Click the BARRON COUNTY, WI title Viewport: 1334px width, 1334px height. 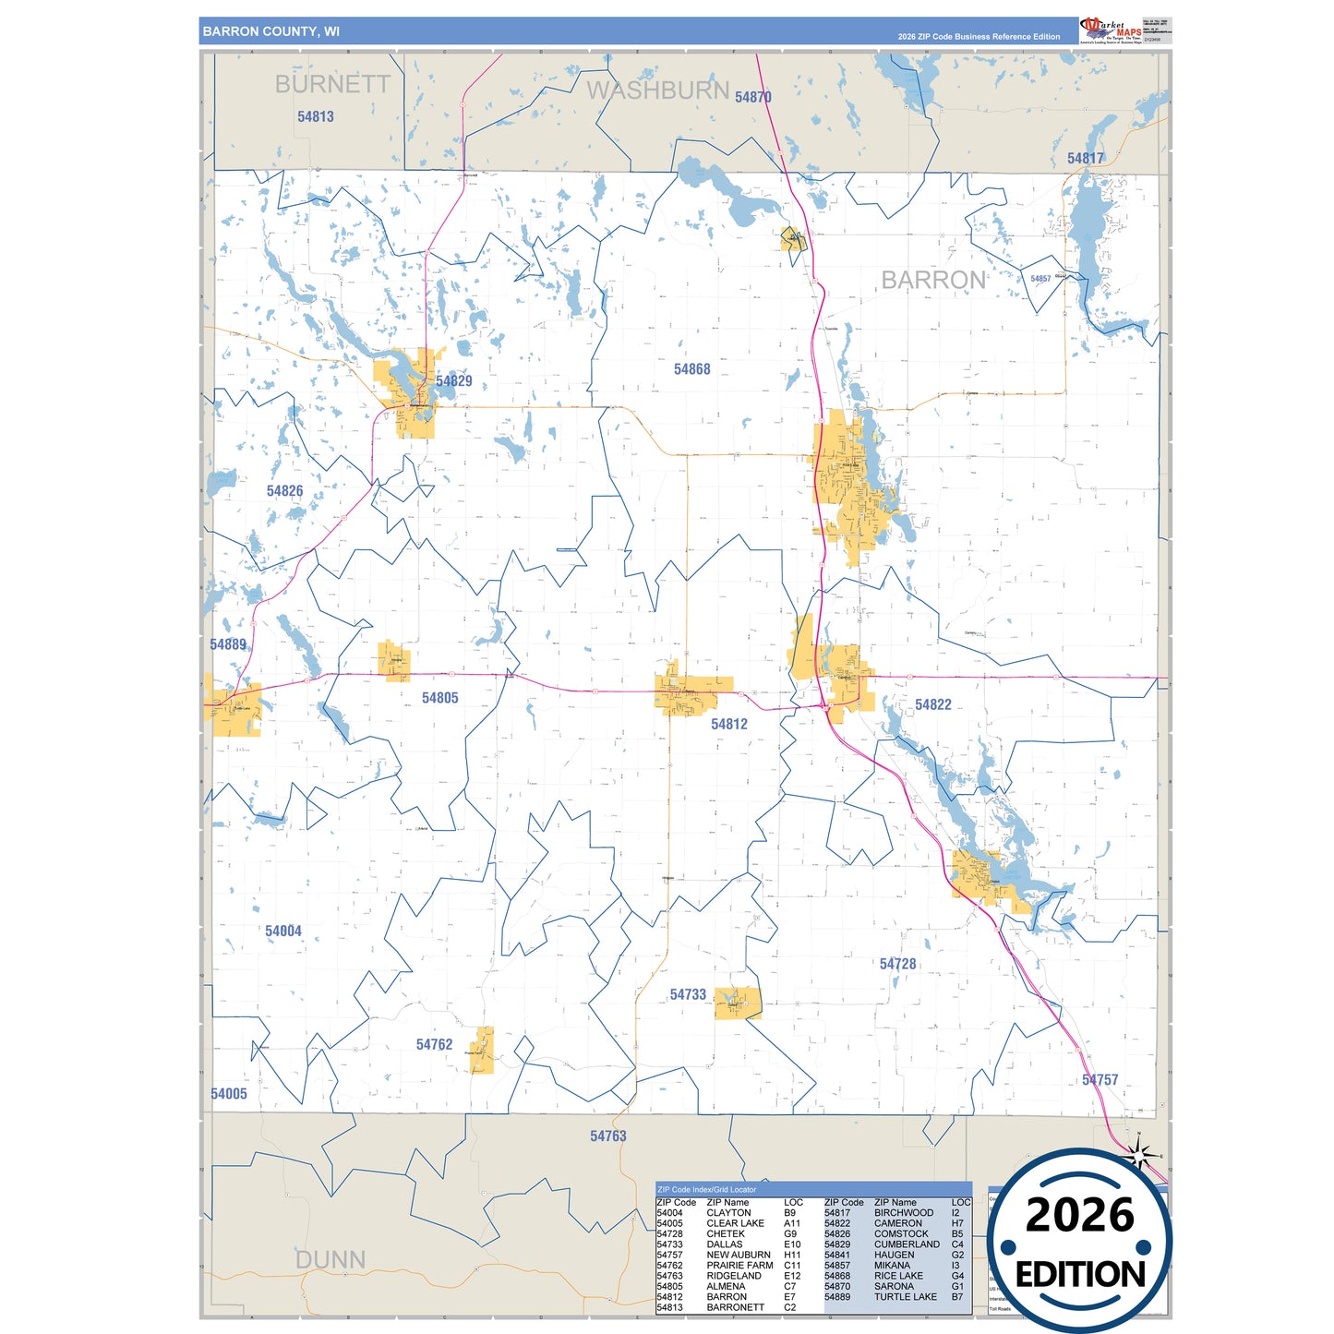270,31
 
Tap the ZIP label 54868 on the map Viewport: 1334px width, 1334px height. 691,369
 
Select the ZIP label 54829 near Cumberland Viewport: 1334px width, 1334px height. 453,380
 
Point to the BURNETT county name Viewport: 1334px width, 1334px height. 332,84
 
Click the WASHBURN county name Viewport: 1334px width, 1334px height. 658,90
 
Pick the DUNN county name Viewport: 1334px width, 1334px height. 330,1259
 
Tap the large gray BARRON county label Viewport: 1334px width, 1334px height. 932,280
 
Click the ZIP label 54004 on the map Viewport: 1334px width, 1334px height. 283,931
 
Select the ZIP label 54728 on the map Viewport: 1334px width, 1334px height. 897,964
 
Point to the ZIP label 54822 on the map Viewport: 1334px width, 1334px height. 932,704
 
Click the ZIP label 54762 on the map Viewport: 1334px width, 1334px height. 434,1044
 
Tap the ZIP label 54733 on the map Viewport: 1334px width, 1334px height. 688,994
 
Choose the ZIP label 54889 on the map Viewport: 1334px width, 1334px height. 228,644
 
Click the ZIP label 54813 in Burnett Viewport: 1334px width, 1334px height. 316,116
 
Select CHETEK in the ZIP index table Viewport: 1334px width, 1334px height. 726,1233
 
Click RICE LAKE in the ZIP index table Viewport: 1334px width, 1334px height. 898,1276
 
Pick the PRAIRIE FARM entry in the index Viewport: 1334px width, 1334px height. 739,1265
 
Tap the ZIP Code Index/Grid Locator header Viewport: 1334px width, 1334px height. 706,1189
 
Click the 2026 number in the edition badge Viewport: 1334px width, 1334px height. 1079,1215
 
